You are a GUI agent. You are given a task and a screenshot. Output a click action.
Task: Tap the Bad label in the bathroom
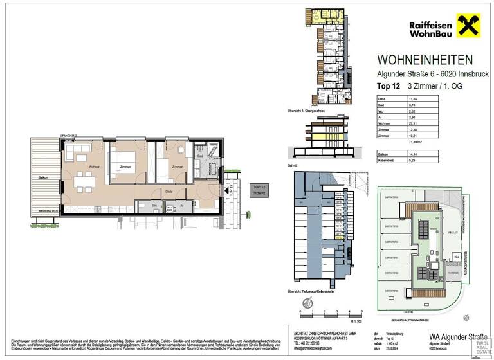pyautogui.click(x=200, y=156)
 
